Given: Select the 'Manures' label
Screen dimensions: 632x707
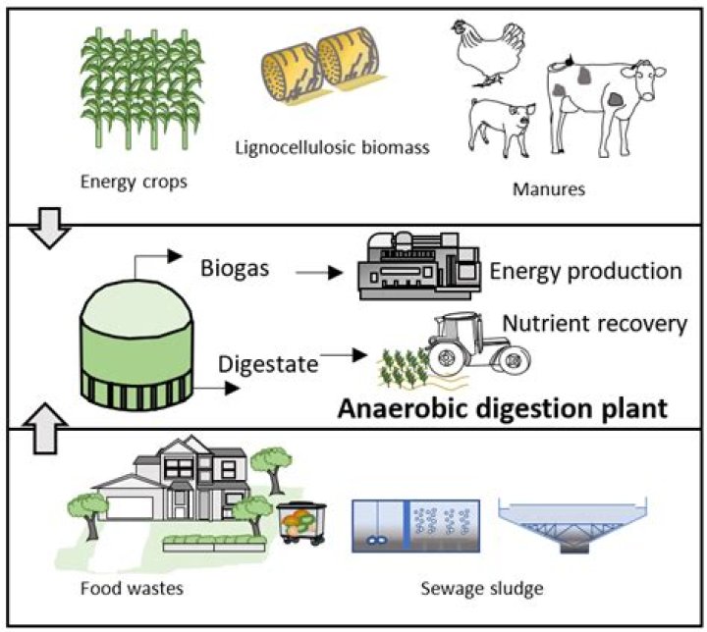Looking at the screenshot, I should coord(549,187).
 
